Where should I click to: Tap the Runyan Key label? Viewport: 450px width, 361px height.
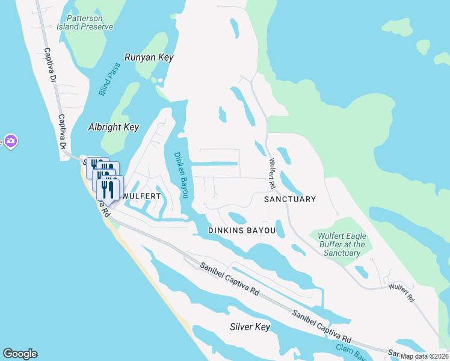pos(149,57)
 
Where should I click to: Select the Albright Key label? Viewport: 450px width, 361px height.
pos(114,127)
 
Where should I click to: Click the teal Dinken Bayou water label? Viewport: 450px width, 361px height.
pos(181,175)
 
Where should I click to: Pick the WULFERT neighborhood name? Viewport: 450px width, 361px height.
pos(141,196)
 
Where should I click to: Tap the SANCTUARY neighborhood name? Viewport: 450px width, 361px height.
pos(290,199)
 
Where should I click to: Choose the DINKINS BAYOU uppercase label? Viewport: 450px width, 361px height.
pos(241,230)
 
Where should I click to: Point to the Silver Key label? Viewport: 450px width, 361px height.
pos(250,327)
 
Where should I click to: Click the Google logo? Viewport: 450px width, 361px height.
pos(20,354)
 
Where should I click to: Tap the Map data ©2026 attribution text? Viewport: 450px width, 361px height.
pos(424,356)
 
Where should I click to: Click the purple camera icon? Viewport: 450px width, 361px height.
pos(10,141)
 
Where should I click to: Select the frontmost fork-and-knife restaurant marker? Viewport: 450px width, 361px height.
pos(108,189)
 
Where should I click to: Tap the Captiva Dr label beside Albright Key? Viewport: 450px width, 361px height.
pos(61,133)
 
